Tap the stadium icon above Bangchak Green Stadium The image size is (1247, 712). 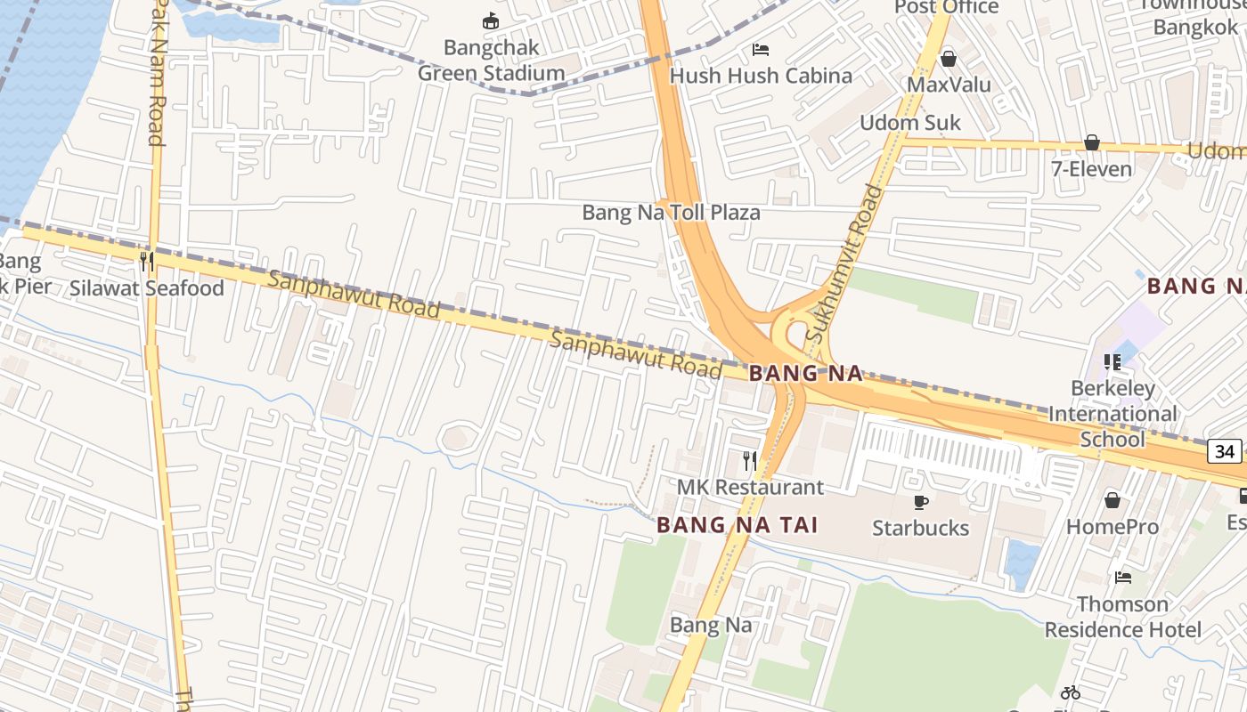point(491,20)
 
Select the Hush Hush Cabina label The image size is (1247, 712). point(761,76)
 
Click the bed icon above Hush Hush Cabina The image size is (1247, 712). point(761,49)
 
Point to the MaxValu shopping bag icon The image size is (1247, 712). point(949,59)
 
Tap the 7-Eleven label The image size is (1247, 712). point(1092,169)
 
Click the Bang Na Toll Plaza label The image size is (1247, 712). point(671,213)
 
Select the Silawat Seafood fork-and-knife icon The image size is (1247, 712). point(147,262)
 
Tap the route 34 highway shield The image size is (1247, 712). point(1226,451)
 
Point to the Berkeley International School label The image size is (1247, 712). point(1113,414)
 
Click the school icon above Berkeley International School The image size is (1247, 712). point(1113,362)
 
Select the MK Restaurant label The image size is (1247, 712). point(750,487)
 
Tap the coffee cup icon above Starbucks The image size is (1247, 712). point(921,502)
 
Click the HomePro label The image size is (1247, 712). point(1113,527)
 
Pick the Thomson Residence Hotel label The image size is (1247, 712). point(1122,617)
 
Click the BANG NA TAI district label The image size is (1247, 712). point(737,526)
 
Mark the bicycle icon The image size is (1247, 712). point(1071,692)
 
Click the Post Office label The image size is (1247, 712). point(946,7)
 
